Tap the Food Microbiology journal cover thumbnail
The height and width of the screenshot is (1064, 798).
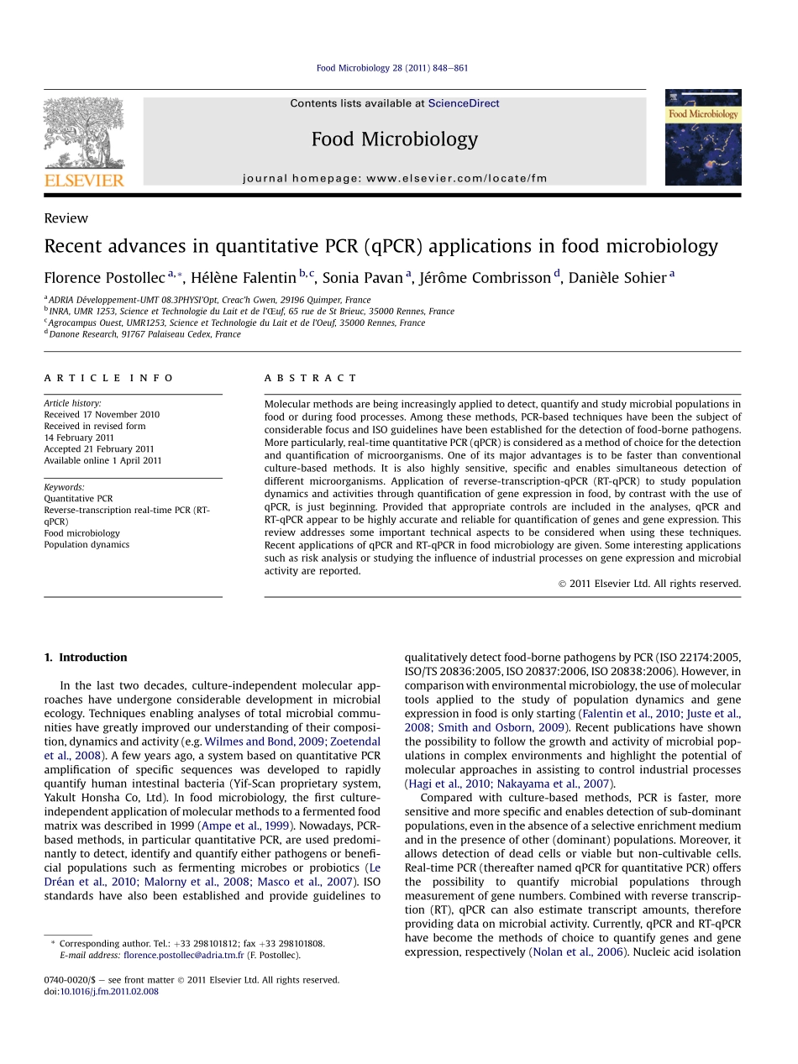tap(703, 138)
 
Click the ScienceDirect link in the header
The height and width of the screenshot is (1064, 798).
tap(464, 103)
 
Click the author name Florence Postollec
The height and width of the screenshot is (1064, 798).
tap(104, 278)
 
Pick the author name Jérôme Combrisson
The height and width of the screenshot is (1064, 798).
tap(485, 278)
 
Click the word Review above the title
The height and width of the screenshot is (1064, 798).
tap(66, 218)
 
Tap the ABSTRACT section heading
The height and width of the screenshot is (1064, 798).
tap(310, 378)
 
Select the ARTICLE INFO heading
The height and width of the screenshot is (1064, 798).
tap(109, 378)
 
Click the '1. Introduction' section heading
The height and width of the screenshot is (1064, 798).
tap(86, 658)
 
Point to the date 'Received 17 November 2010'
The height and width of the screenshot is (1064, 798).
tap(102, 415)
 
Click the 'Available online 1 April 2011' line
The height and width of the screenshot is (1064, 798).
tap(102, 460)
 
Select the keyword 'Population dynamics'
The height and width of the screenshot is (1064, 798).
tap(87, 544)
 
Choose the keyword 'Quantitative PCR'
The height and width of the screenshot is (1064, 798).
tap(78, 499)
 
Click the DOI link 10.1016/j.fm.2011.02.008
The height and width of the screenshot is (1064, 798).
tap(108, 991)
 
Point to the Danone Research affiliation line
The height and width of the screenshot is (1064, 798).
tap(144, 334)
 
